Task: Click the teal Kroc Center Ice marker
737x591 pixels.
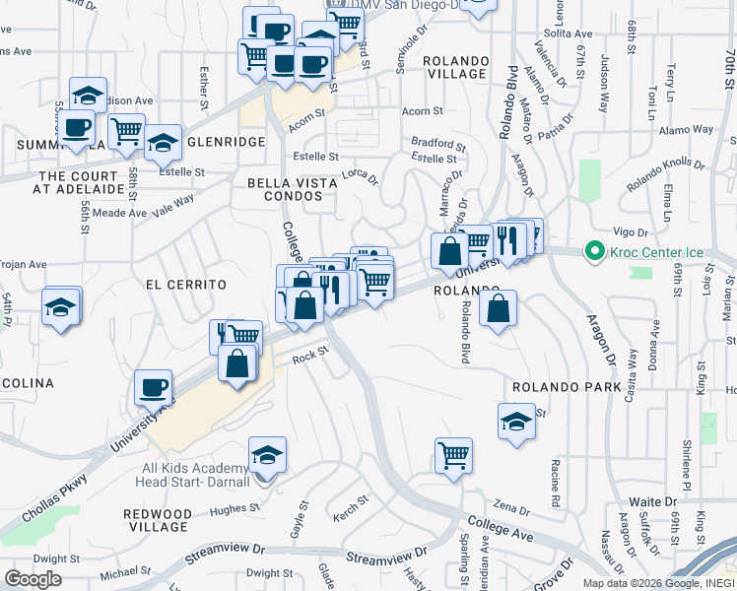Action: (x=593, y=252)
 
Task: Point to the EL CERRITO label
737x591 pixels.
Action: (x=185, y=285)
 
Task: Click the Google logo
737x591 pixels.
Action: (x=33, y=579)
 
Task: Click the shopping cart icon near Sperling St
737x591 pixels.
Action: (x=453, y=455)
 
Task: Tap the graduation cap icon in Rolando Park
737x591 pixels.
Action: (x=516, y=422)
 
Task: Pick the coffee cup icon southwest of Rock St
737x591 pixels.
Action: (x=154, y=387)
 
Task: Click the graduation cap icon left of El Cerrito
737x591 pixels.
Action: (x=61, y=305)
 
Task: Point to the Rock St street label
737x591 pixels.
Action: (x=308, y=358)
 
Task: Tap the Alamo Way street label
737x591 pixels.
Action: (x=686, y=129)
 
